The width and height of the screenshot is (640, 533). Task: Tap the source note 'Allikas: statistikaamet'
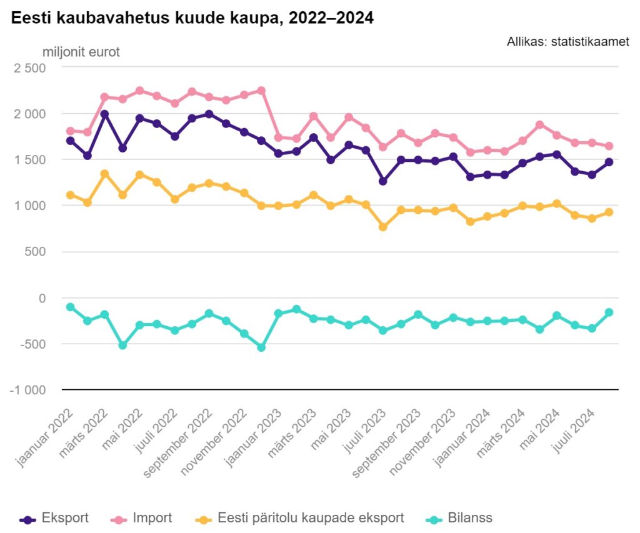pyautogui.click(x=568, y=42)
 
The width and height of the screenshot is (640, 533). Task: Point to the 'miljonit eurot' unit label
pyautogui.click(x=81, y=52)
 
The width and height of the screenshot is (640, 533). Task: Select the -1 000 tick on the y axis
pyautogui.click(x=27, y=390)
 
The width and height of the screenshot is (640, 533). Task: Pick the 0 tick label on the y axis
pyautogui.click(x=42, y=298)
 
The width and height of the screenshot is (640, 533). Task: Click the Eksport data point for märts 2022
pyautogui.click(x=105, y=114)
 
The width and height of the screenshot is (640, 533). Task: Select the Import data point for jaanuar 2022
pyautogui.click(x=70, y=131)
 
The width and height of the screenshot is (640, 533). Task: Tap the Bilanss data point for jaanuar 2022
pyautogui.click(x=70, y=307)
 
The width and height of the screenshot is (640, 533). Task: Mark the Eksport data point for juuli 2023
pyautogui.click(x=383, y=181)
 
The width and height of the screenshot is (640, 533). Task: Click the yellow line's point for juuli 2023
pyautogui.click(x=383, y=227)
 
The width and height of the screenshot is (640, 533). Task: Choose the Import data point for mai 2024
pyautogui.click(x=557, y=135)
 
